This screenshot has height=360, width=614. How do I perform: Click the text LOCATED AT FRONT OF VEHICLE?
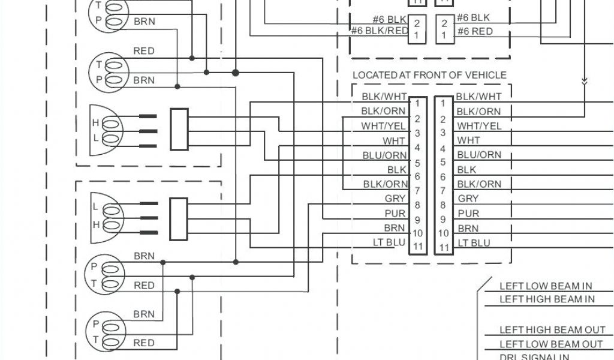[x=429, y=75]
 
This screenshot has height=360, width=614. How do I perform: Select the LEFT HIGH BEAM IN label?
[x=547, y=299]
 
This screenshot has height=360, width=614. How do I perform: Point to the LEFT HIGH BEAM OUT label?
[x=551, y=330]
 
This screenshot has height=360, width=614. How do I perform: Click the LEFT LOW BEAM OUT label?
[x=551, y=344]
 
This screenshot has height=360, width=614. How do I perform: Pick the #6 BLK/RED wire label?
[x=379, y=31]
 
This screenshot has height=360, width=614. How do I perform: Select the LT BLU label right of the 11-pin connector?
[x=474, y=242]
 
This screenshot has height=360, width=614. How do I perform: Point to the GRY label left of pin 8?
[x=395, y=199]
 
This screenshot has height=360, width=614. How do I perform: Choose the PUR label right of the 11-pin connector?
[x=468, y=213]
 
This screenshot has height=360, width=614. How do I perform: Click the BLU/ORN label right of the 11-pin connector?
[x=478, y=155]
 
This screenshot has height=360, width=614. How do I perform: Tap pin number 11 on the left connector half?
[x=418, y=247]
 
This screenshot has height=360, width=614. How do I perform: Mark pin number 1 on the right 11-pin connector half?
[x=443, y=104]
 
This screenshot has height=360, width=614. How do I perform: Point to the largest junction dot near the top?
[x=236, y=73]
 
